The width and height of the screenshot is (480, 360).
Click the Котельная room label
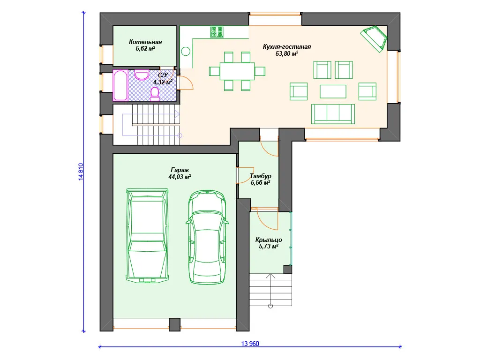(x=145, y=42)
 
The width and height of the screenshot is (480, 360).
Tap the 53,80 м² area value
(x=287, y=53)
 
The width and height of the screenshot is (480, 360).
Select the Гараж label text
(x=180, y=170)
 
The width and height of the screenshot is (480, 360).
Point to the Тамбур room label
(x=261, y=176)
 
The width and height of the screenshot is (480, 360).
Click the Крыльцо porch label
(x=269, y=240)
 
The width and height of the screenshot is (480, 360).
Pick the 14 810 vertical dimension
(x=81, y=172)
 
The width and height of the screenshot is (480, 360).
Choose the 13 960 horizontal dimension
(x=250, y=344)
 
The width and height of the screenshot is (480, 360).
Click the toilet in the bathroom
(x=155, y=94)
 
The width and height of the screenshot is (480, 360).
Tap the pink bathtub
(x=120, y=85)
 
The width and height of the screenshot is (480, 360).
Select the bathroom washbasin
(x=142, y=75)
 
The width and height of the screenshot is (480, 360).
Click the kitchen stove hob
(x=217, y=32)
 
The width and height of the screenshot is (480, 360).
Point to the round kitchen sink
(x=186, y=51)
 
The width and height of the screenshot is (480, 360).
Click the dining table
(x=237, y=71)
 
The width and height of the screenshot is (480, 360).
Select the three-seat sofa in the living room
(x=333, y=114)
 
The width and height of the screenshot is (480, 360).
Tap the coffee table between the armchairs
(x=333, y=91)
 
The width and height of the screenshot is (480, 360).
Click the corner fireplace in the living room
(x=374, y=39)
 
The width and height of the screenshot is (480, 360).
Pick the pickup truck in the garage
(x=148, y=235)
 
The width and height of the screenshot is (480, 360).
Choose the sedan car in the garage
(x=207, y=237)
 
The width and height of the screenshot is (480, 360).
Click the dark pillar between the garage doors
(x=174, y=324)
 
